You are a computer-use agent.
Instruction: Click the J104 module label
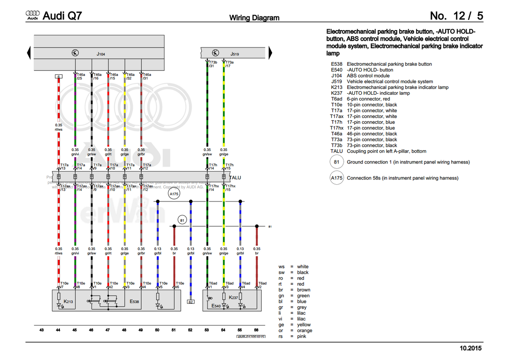coord(101,54)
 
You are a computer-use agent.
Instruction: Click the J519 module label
coord(235,54)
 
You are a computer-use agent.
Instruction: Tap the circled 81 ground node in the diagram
coord(182,221)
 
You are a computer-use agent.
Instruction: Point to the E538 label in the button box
coord(134,302)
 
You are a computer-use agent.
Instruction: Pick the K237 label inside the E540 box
coord(233,298)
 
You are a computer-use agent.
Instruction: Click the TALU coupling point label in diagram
coord(235,177)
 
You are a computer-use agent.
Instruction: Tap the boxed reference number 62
coord(191,302)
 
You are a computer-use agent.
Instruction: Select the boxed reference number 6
coord(58,77)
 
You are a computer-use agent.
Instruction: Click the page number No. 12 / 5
coord(456,16)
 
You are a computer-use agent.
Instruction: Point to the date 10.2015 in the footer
coord(471,348)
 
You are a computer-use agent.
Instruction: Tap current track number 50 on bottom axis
coord(157,330)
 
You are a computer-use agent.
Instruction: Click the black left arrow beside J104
coord(28,53)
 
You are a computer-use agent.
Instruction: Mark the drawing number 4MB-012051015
coord(251,336)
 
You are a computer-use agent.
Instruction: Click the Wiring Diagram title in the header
coord(254,18)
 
